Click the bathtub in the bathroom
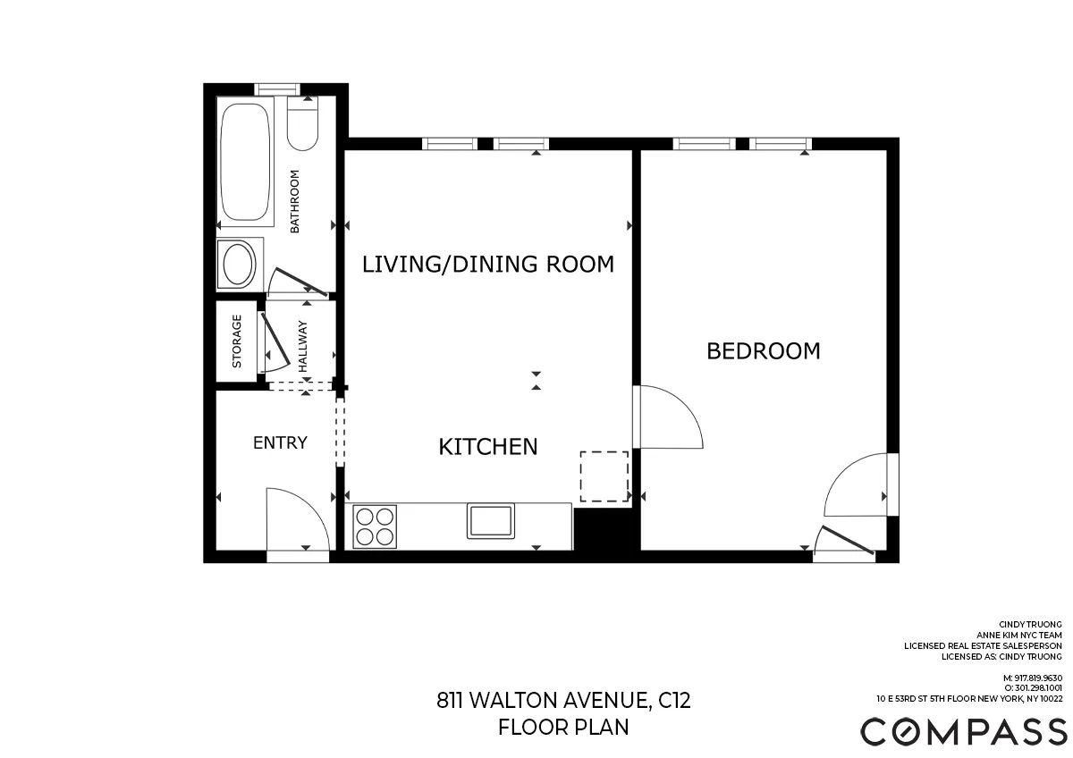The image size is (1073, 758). pos(246,164)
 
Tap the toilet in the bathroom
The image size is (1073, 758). pos(303,125)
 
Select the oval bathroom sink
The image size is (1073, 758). pos(239,265)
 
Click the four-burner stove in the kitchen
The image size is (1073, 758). pos(375,526)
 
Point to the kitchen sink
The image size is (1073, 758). pos(490,521)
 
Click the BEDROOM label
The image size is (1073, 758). pos(763,351)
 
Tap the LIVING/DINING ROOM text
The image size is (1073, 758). pos(487,265)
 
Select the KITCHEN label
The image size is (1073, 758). pos(487,447)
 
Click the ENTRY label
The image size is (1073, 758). pos(280,442)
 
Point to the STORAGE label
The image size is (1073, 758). pos(237,341)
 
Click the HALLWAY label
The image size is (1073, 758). pos(302,346)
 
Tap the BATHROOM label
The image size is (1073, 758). pos(294,201)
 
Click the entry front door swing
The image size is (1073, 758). pos(298,520)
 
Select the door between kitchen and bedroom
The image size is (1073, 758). pos(666,417)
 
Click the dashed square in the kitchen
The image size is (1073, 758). pos(604,476)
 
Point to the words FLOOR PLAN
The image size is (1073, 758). pos(563,728)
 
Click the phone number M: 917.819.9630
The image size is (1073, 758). pos(1032,678)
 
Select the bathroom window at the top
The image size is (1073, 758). pos(276,88)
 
